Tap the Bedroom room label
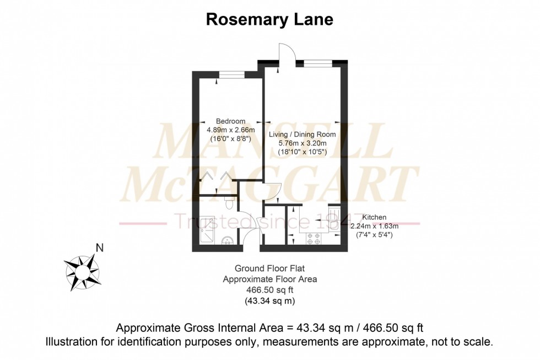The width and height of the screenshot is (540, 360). tap(230, 121)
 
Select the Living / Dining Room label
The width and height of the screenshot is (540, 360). tap(302, 134)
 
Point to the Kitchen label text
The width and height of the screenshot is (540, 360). tap(375, 217)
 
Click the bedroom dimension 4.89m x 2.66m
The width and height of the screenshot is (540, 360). tap(230, 130)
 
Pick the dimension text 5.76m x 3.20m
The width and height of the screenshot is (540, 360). tap(302, 143)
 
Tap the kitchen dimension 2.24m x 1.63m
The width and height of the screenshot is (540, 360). tap(375, 226)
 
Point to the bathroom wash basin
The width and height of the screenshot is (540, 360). tap(228, 241)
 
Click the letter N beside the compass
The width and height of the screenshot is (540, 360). tap(99, 248)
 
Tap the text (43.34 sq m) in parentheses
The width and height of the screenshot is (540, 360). tap(269, 301)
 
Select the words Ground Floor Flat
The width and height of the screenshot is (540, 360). tap(269, 268)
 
